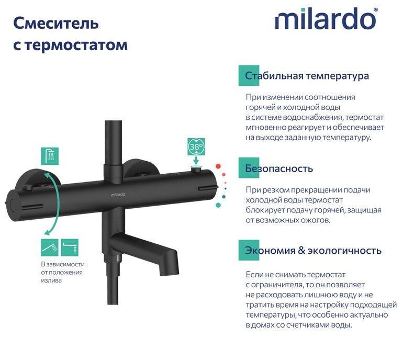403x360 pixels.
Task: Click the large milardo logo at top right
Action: pos(325,19)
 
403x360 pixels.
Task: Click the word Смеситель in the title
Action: pos(56,24)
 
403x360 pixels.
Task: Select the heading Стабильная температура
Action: pos(307,76)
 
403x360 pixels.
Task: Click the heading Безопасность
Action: pos(279,168)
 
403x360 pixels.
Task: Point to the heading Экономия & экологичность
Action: pos(313,250)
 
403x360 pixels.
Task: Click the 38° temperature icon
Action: pos(196,147)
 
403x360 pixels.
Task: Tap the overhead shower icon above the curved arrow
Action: pos(50,156)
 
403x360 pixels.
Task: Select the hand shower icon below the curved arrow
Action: pos(50,248)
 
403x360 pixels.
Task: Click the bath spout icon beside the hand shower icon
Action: pos(70,248)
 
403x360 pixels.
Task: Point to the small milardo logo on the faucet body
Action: pos(118,195)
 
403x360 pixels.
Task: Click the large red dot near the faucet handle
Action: pos(218,166)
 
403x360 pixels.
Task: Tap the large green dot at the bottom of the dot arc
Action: pos(218,205)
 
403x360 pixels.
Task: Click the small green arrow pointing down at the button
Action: pos(196,161)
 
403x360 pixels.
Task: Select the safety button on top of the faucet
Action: pos(196,168)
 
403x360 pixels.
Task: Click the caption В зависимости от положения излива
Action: pos(63,272)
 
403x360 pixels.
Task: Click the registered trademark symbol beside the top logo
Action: pos(376,9)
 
